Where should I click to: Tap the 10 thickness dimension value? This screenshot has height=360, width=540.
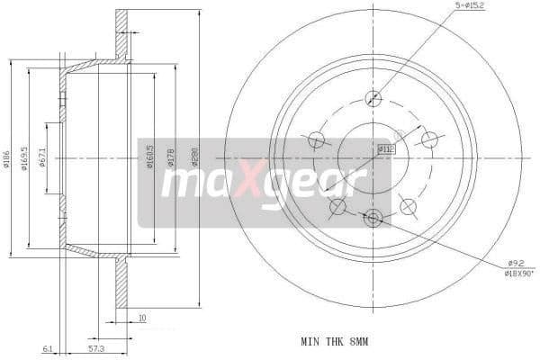click(x=143, y=317)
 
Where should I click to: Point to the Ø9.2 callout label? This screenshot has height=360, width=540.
click(x=516, y=262)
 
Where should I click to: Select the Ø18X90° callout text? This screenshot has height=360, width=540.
click(x=519, y=274)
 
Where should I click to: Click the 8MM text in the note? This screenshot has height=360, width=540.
click(x=357, y=342)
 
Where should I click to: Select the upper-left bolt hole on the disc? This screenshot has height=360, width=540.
click(x=316, y=139)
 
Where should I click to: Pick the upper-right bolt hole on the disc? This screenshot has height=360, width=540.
click(x=430, y=139)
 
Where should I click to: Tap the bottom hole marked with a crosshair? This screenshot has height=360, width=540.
click(x=373, y=216)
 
